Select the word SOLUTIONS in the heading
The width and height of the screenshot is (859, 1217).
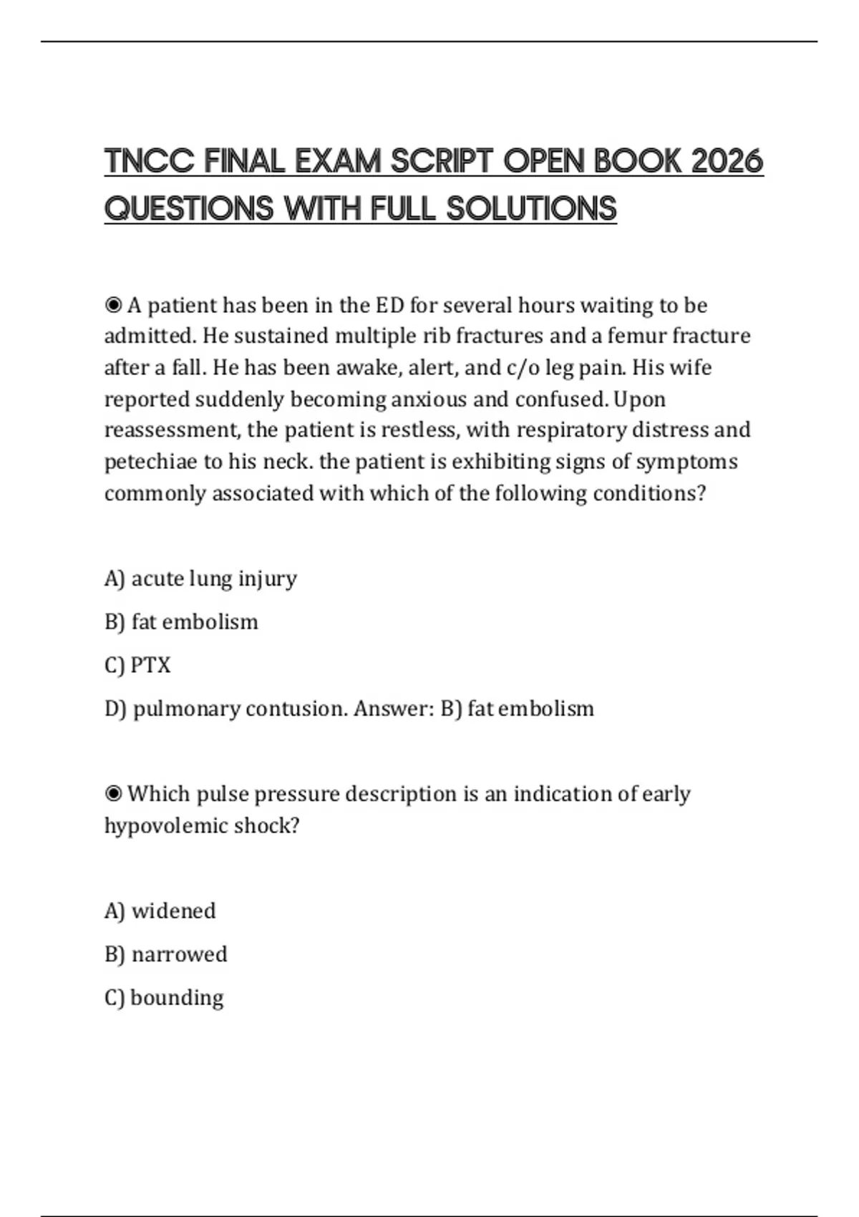[531, 209]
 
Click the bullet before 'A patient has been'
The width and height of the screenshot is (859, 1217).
[113, 306]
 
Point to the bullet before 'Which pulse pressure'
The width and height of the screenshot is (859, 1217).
[113, 794]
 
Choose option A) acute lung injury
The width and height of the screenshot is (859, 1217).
[200, 578]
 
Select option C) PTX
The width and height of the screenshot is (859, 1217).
[137, 665]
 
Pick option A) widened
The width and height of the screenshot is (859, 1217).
[160, 911]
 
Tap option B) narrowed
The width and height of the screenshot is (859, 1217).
[165, 954]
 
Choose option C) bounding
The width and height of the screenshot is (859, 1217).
[164, 998]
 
